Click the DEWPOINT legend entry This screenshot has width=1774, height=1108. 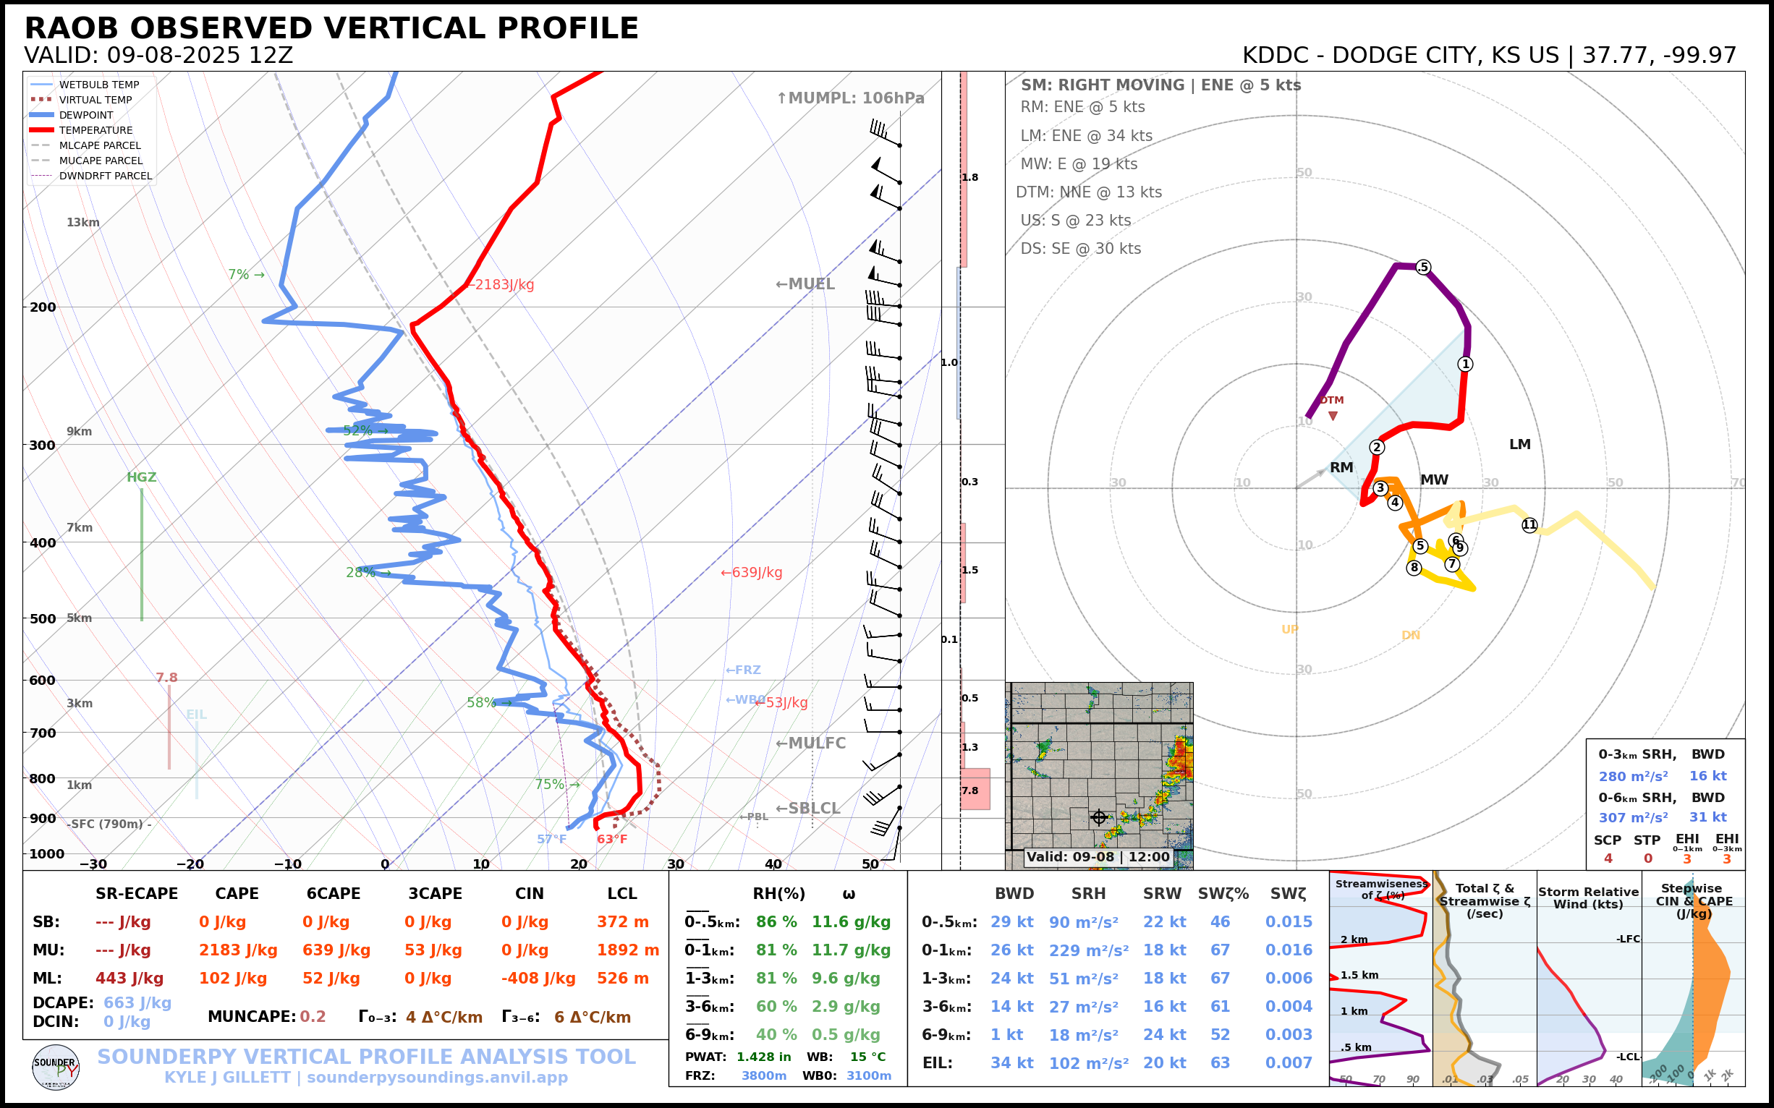[86, 115]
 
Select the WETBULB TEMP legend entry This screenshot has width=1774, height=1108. [98, 85]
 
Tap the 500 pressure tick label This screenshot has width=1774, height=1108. [43, 618]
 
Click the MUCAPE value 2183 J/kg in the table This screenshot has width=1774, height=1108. [237, 950]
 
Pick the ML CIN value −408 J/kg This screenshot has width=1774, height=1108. [538, 979]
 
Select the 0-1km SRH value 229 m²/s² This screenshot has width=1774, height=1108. [1088, 950]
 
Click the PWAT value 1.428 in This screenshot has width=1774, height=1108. [763, 1057]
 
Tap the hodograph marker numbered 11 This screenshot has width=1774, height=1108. [1529, 524]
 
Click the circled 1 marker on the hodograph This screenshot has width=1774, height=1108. [1464, 365]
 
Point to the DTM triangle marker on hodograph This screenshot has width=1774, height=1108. [1333, 415]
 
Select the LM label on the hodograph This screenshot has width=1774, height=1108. [1519, 445]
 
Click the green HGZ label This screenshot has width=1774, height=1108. [142, 477]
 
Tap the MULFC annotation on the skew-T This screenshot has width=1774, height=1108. [811, 743]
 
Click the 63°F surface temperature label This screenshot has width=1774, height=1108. [612, 839]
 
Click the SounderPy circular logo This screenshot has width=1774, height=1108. [56, 1067]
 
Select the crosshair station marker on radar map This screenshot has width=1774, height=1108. [1099, 817]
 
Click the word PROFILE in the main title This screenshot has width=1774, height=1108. [567, 28]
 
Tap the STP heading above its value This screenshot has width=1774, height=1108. [1647, 840]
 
